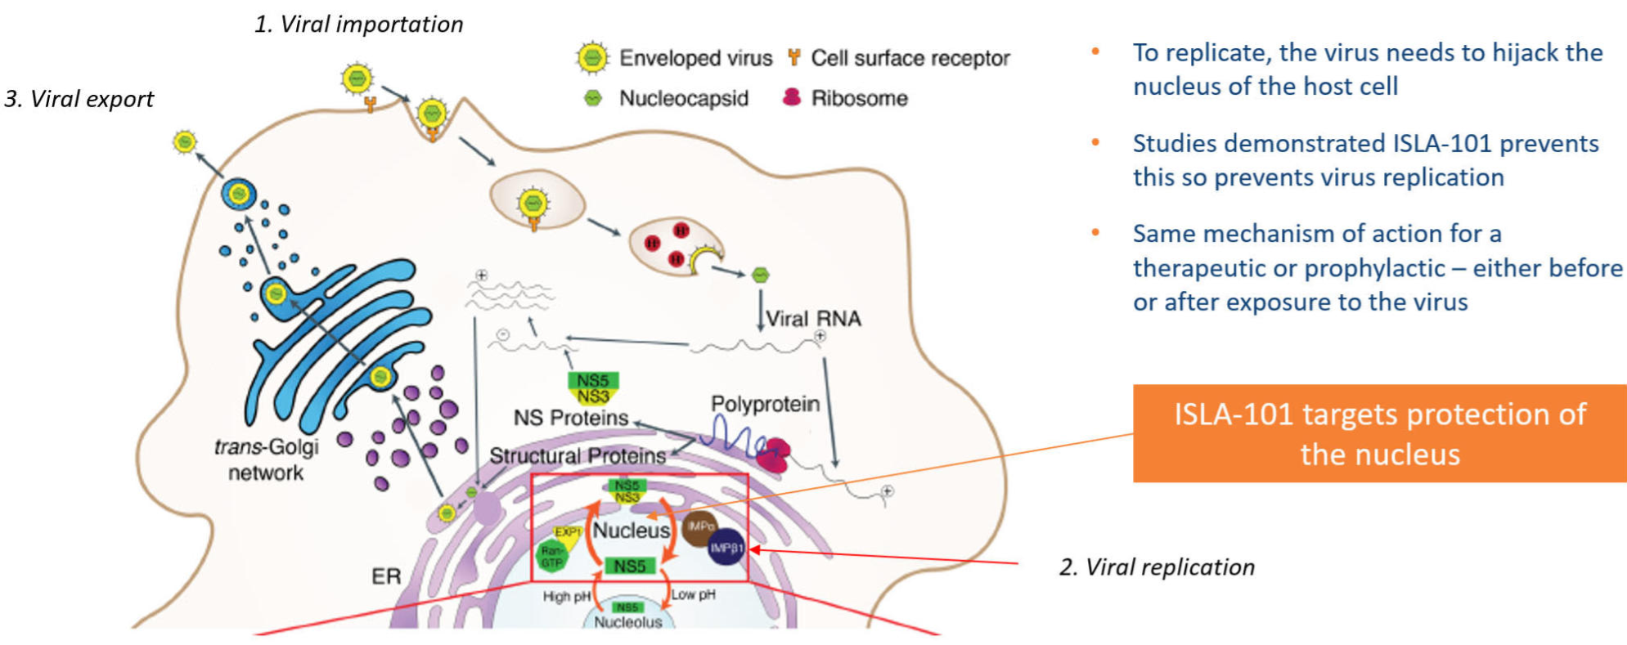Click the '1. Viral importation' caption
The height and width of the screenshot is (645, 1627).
click(x=358, y=25)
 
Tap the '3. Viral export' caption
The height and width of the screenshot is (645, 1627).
click(x=79, y=99)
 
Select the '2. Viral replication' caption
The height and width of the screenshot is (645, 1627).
click(x=1157, y=567)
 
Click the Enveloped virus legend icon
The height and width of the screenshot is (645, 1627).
click(x=592, y=58)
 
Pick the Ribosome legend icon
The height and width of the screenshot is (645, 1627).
click(x=791, y=97)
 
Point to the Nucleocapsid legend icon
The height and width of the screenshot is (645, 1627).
click(x=593, y=98)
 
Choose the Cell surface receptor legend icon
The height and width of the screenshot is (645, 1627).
click(x=793, y=57)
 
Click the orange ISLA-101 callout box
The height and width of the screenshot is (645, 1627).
click(x=1379, y=433)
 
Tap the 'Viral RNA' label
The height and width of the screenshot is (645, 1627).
click(x=813, y=319)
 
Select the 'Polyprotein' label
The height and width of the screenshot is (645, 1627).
click(x=765, y=404)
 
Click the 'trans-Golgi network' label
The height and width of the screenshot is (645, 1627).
click(x=266, y=459)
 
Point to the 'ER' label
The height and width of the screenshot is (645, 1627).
click(x=386, y=576)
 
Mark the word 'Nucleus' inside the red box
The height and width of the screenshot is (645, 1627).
click(x=631, y=531)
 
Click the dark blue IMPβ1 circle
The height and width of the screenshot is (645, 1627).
click(x=726, y=548)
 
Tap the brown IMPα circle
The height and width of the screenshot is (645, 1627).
click(x=699, y=526)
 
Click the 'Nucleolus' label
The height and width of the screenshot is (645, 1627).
click(x=628, y=622)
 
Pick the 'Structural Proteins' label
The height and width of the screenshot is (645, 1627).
click(x=578, y=455)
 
